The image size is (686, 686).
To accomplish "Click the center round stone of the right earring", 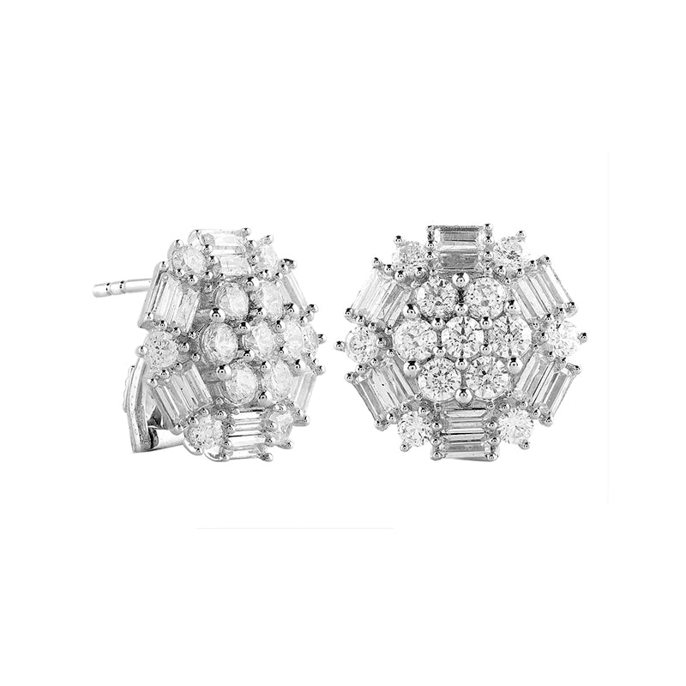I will point(463,338).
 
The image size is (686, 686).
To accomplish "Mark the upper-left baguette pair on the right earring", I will point(377,292).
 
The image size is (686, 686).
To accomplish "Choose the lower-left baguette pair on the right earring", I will point(380,391).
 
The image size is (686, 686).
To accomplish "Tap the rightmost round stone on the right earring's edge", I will point(563,338).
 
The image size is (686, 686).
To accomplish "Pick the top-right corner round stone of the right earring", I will point(511,249).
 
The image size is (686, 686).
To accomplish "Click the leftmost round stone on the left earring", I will point(160,347).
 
